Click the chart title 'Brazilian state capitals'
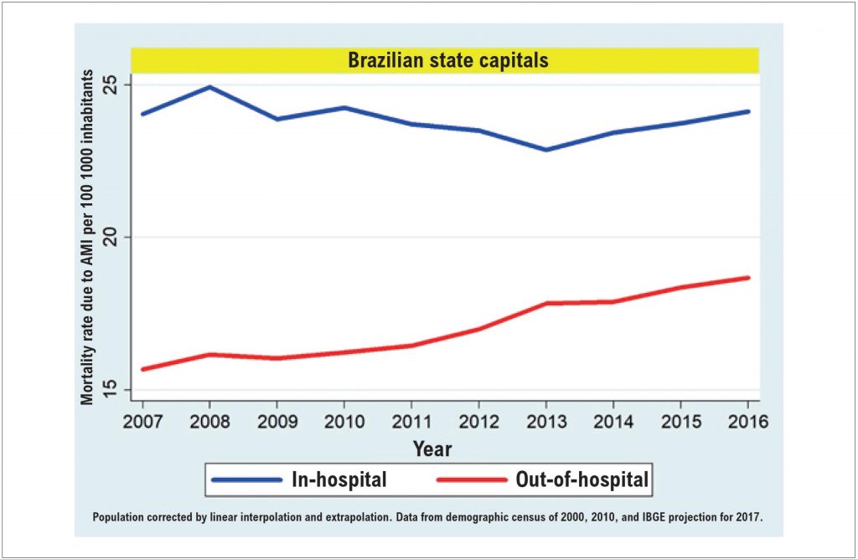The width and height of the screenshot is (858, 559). point(447,60)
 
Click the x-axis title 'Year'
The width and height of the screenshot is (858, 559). point(432,449)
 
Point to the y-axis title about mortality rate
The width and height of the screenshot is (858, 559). point(88,238)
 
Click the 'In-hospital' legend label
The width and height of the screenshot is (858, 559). point(339,480)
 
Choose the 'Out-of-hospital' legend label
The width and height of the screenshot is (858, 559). point(583,480)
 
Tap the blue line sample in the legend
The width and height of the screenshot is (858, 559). point(246,480)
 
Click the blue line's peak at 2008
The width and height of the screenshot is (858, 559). point(209,87)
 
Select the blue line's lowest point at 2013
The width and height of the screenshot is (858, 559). point(546,150)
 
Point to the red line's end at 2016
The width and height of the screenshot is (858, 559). point(748,278)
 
